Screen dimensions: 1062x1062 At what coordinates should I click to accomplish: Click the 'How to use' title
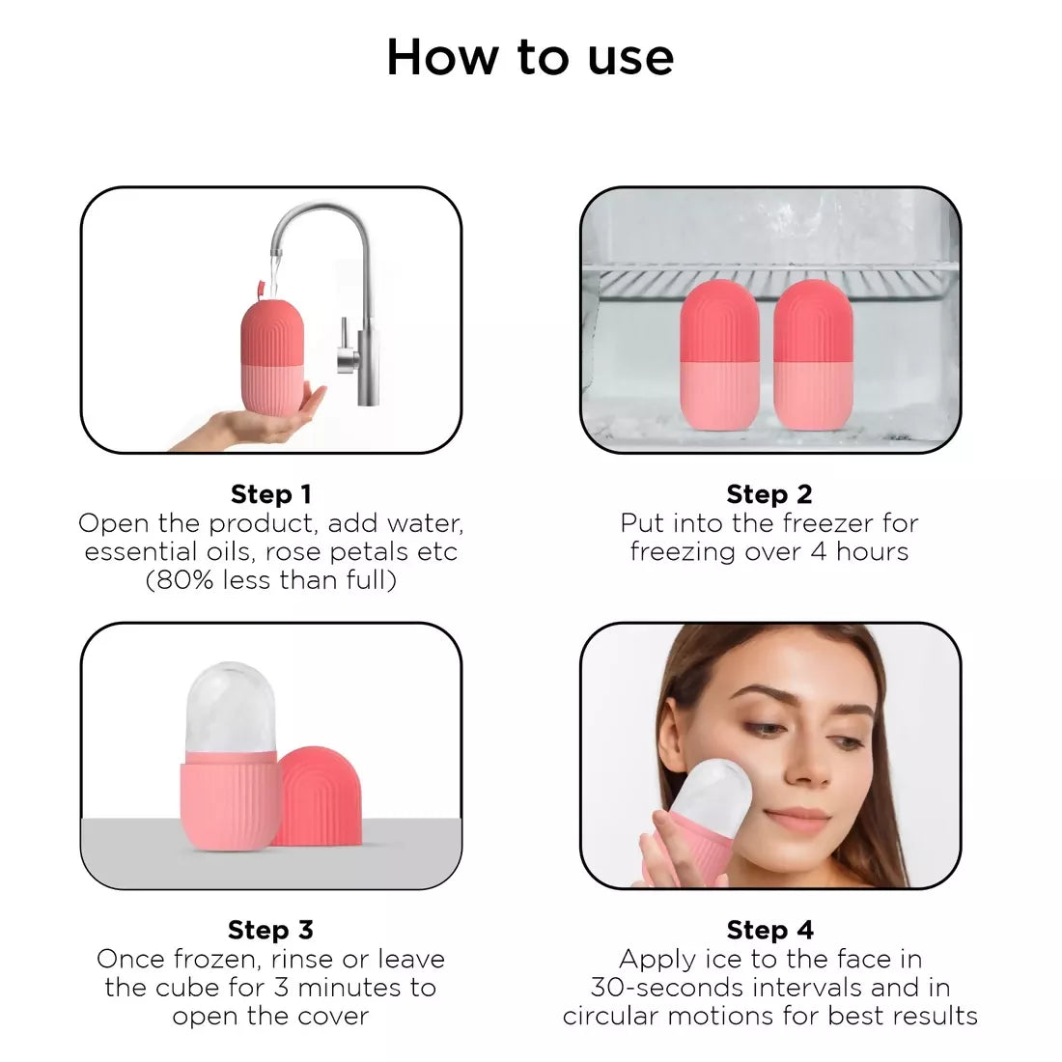click(x=530, y=57)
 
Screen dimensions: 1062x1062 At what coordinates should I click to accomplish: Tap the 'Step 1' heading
click(x=271, y=493)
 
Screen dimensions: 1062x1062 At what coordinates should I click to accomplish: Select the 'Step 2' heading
click(x=769, y=493)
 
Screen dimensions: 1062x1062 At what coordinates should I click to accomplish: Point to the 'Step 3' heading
click(x=271, y=929)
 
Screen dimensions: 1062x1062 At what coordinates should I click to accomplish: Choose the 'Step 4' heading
click(x=770, y=929)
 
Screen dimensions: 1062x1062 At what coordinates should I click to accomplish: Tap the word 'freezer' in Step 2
click(x=826, y=523)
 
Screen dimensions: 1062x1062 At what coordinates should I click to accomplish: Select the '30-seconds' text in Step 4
click(x=668, y=988)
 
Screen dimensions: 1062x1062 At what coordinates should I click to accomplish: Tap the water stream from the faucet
click(x=273, y=274)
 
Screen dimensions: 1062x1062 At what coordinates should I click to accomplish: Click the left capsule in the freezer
click(x=719, y=355)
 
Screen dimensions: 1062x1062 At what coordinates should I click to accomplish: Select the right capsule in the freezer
click(x=813, y=355)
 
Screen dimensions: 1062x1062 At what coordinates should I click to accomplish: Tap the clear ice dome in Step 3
click(x=231, y=707)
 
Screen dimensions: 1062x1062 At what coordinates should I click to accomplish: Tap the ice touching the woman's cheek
click(x=711, y=799)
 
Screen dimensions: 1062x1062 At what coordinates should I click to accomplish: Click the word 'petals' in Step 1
click(x=365, y=552)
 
